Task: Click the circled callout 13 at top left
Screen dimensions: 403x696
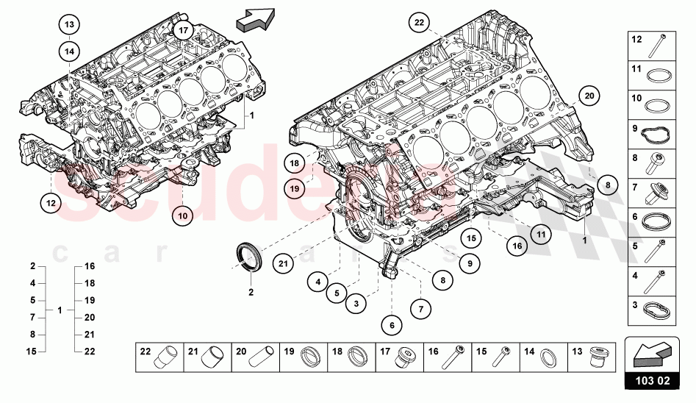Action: (x=69, y=25)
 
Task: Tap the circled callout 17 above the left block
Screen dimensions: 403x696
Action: (x=183, y=30)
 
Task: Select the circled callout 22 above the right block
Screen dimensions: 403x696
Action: (x=419, y=24)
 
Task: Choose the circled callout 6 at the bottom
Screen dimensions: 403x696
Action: (x=392, y=324)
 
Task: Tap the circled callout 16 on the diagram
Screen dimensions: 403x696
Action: (x=517, y=246)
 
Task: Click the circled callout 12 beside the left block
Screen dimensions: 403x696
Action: (x=50, y=201)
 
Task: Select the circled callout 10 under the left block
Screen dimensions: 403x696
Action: (x=182, y=215)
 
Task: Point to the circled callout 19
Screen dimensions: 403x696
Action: (x=293, y=189)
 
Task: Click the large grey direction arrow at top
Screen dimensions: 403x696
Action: (x=256, y=19)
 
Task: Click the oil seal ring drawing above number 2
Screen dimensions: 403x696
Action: (x=250, y=257)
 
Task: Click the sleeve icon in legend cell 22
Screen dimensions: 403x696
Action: (x=170, y=357)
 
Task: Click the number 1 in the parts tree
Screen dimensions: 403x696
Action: (x=60, y=310)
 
